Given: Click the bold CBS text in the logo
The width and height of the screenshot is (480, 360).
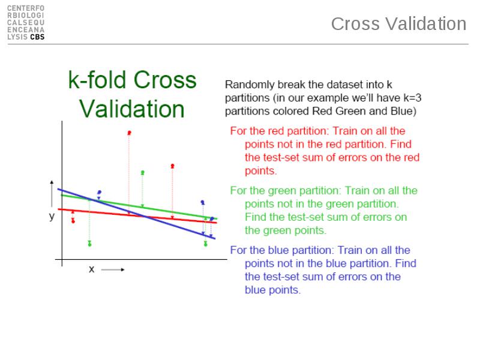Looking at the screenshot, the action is [37, 37].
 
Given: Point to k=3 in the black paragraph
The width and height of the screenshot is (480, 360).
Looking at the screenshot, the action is [412, 98].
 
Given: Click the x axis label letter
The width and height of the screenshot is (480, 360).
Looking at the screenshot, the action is [92, 269].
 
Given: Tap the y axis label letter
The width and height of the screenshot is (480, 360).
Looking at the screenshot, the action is [52, 216].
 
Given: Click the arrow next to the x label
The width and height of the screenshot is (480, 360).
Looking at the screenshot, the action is [113, 269].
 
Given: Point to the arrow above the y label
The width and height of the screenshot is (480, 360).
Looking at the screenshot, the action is [52, 193].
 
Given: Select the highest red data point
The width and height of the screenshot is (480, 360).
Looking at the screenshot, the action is [129, 133].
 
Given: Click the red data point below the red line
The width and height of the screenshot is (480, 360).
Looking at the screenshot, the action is [73, 221].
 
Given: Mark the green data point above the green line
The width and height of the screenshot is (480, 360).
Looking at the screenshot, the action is [142, 173].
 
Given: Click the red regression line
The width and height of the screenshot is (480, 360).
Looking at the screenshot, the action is [137, 216].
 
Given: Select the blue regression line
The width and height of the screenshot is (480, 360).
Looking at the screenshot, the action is [137, 214].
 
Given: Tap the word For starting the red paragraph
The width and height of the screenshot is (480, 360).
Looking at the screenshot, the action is [238, 131].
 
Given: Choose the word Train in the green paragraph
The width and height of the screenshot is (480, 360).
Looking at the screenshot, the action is [356, 191].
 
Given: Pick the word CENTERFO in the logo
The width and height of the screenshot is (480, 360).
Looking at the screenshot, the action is [26, 8].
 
